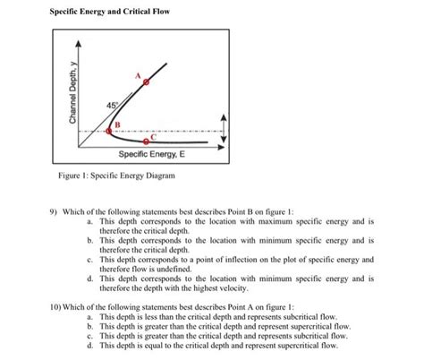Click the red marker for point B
pyautogui.click(x=109, y=132)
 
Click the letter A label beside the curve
pyautogui.click(x=137, y=75)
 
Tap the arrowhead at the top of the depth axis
pyautogui.click(x=77, y=44)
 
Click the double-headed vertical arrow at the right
pyautogui.click(x=225, y=133)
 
